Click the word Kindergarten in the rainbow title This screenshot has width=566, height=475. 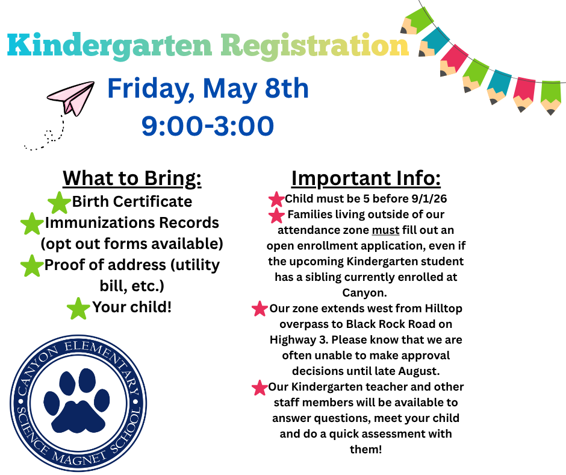pyautogui.click(x=110, y=46)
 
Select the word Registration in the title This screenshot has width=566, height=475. pyautogui.click(x=314, y=46)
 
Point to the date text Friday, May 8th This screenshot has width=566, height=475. pyautogui.click(x=208, y=89)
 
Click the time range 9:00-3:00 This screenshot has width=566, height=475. pyautogui.click(x=208, y=126)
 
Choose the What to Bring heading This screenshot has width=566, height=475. pyautogui.click(x=132, y=178)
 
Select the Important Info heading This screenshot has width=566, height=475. pyautogui.click(x=366, y=178)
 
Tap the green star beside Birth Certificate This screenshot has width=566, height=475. pyautogui.click(x=59, y=203)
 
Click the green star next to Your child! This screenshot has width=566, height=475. pyautogui.click(x=78, y=308)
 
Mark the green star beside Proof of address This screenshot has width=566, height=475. pyautogui.click(x=32, y=266)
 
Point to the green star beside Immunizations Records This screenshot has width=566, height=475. pyautogui.click(x=32, y=224)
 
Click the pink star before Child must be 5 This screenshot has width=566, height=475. pyautogui.click(x=276, y=199)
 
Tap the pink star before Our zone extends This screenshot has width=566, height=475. pyautogui.click(x=260, y=309)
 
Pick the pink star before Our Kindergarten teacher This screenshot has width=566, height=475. pyautogui.click(x=260, y=387)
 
